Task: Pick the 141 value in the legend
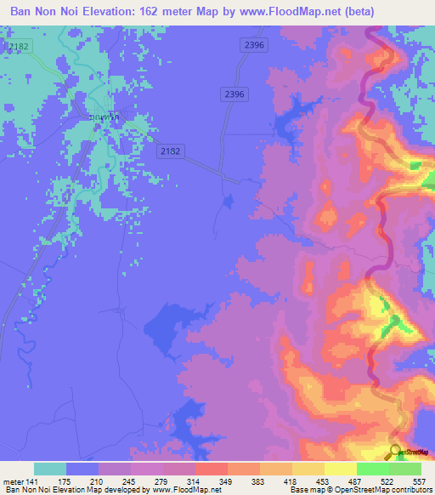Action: [34, 481]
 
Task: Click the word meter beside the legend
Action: [14, 481]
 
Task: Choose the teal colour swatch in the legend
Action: [50, 469]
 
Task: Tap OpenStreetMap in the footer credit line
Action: [355, 490]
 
